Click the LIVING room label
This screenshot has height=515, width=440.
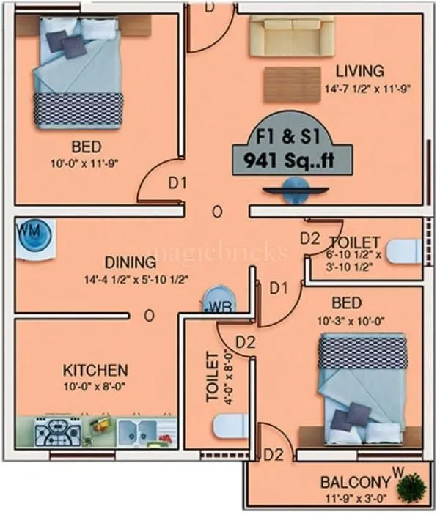(359, 71)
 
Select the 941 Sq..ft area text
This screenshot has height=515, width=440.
(292, 160)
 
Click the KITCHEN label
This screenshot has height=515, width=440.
(95, 370)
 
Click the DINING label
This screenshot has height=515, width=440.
(130, 262)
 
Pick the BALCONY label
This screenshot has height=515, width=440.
(354, 483)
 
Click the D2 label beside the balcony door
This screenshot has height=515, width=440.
(274, 455)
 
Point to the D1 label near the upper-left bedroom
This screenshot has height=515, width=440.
(178, 183)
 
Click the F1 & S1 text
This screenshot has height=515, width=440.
(291, 136)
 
